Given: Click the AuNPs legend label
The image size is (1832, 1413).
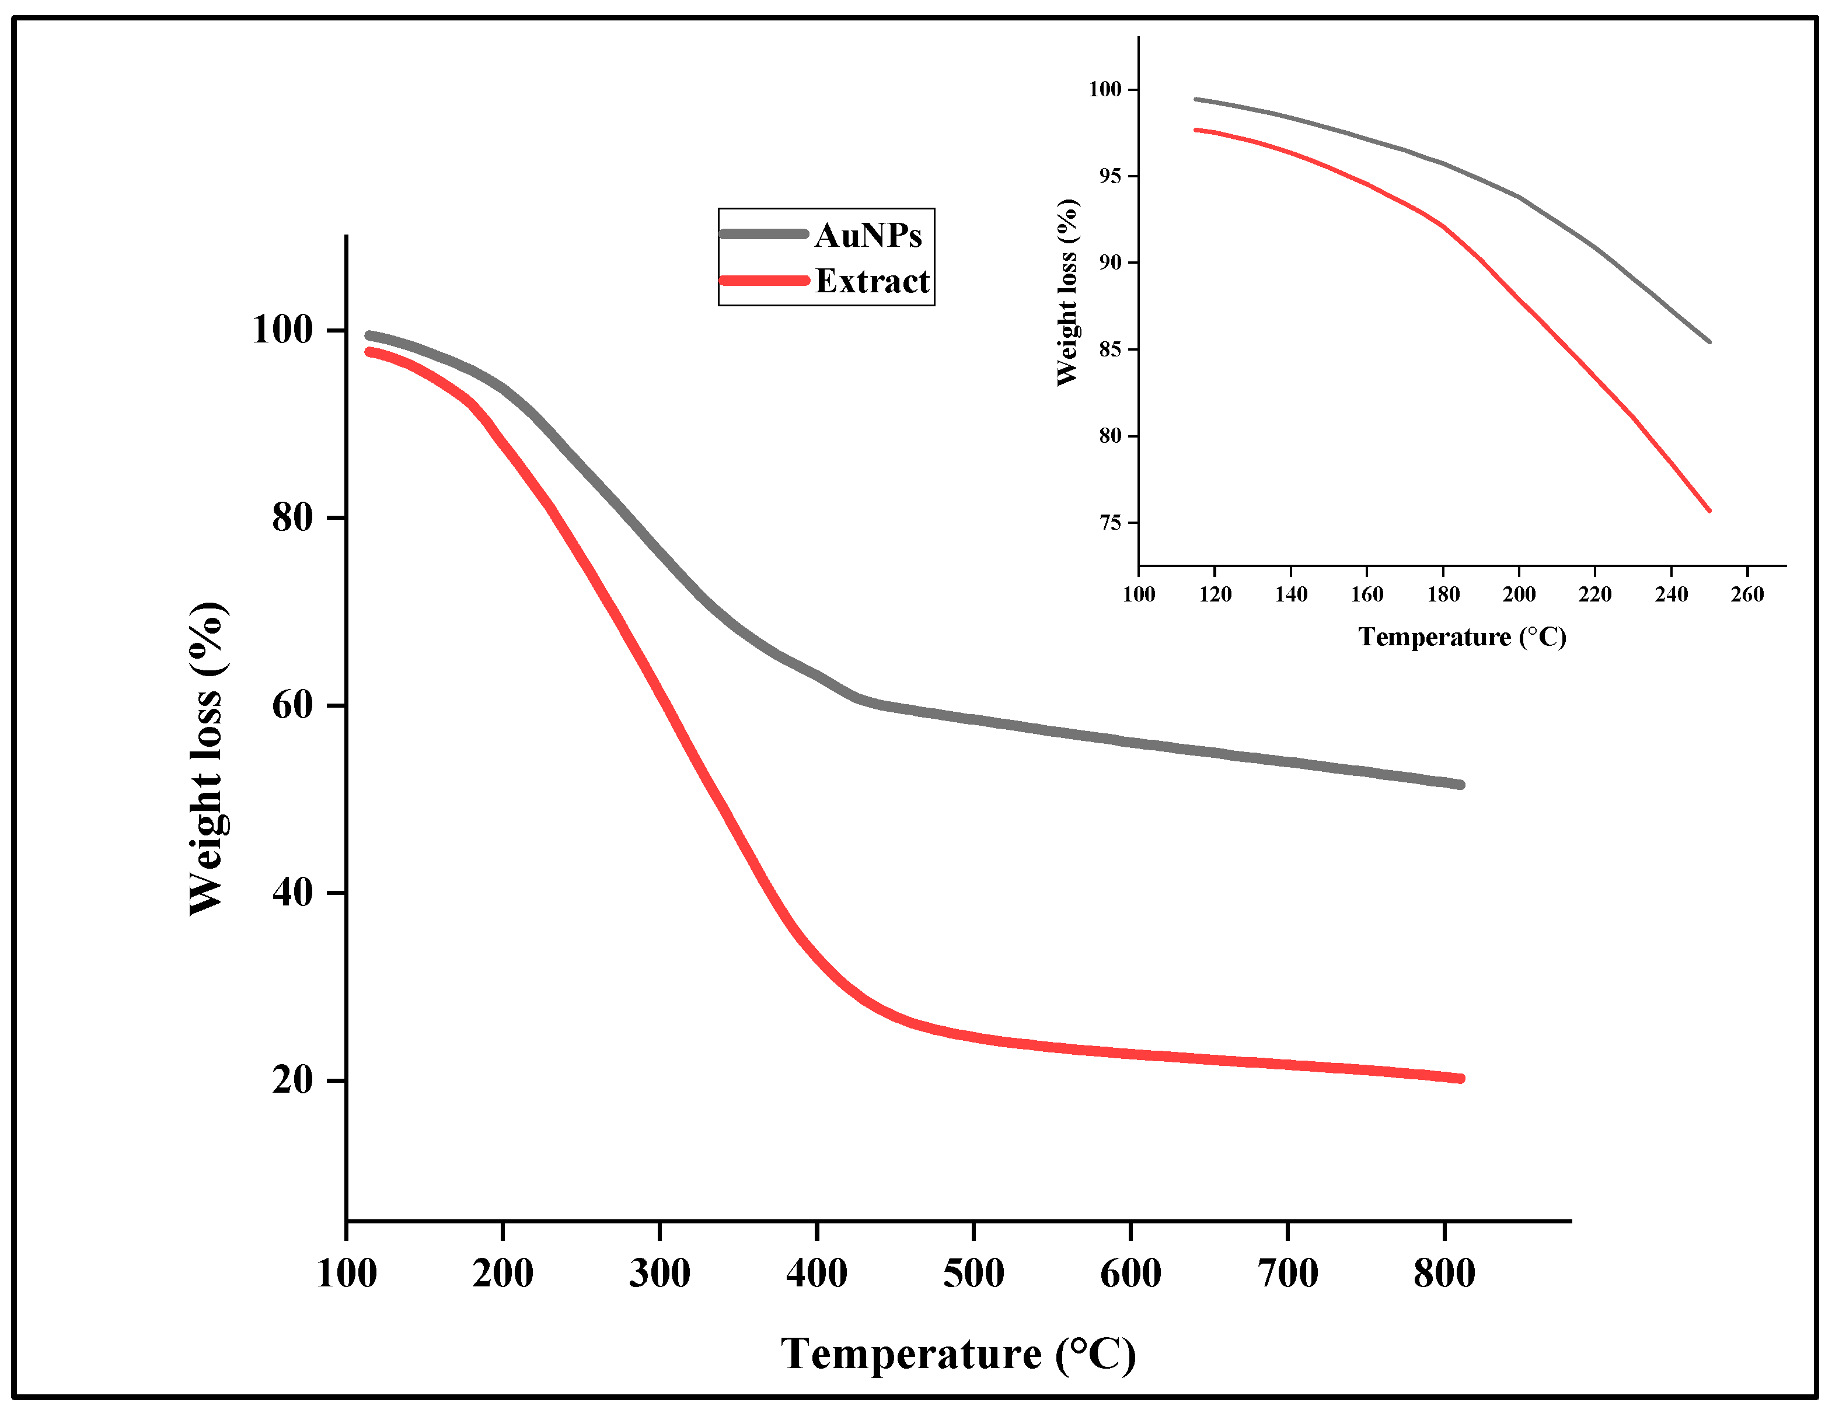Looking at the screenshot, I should [868, 236].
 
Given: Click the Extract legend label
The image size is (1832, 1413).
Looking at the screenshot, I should [873, 281].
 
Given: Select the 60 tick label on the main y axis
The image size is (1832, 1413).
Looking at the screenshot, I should [292, 704].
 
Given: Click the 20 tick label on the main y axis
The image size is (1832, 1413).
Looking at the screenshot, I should [292, 1079].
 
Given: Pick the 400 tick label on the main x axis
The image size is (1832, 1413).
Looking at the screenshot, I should [816, 1274].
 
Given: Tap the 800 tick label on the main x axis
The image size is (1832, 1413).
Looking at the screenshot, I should [1444, 1274].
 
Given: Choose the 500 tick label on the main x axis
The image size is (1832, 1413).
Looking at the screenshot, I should [973, 1274].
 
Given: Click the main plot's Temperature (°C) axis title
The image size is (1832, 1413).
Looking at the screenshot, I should [958, 1353].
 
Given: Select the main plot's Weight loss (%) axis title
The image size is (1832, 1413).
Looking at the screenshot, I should [207, 759].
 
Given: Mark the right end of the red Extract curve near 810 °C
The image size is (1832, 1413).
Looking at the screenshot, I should [1460, 1078].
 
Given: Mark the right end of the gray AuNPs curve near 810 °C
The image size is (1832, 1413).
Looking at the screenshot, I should [1460, 785].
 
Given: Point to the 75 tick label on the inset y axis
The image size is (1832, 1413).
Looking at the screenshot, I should [1110, 522].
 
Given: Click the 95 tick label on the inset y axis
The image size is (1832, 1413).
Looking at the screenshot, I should [1110, 176].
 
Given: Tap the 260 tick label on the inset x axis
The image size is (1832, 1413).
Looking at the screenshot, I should [1747, 594].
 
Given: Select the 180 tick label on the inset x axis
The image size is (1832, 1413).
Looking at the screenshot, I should [1443, 594].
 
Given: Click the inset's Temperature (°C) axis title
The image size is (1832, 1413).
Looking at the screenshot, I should [1462, 637].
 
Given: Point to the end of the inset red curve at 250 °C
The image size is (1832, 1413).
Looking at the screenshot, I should [1709, 510].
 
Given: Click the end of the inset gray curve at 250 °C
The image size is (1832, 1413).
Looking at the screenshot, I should [1709, 341].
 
